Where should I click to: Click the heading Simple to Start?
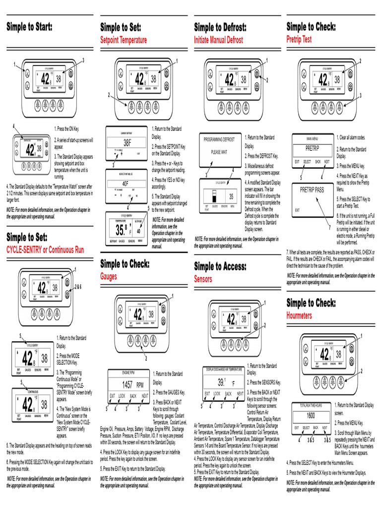click(x=29, y=27)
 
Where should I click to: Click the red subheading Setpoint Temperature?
click(x=124, y=40)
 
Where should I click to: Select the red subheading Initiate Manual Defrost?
click(x=218, y=40)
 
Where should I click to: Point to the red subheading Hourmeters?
click(x=299, y=315)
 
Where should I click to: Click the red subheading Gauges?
click(x=109, y=276)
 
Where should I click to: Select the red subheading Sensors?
click(x=203, y=279)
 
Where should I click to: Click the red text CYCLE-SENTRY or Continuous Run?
click(x=42, y=249)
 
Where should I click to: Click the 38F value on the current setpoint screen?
click(x=127, y=142)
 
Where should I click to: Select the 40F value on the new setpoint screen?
click(x=127, y=183)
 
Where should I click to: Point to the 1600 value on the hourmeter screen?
click(x=311, y=415)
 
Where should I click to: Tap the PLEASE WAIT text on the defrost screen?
click(x=219, y=152)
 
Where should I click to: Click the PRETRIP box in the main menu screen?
click(x=312, y=148)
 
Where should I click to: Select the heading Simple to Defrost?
click(x=220, y=27)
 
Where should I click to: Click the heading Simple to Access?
click(x=220, y=267)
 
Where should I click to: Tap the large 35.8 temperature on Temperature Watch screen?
click(x=121, y=230)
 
